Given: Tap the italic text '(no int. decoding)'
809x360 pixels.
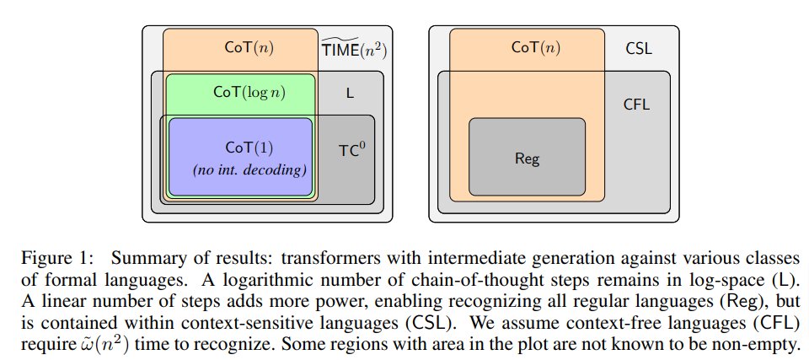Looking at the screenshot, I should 249,169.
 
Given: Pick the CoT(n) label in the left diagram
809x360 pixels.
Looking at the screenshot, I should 249,47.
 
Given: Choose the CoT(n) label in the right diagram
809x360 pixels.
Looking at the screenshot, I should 535,47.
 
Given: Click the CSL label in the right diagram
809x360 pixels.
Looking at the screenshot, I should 638,49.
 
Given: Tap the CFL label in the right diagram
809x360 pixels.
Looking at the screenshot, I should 636,105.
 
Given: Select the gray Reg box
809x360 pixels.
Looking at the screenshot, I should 527,157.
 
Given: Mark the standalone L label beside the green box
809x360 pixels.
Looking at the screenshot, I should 351,92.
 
